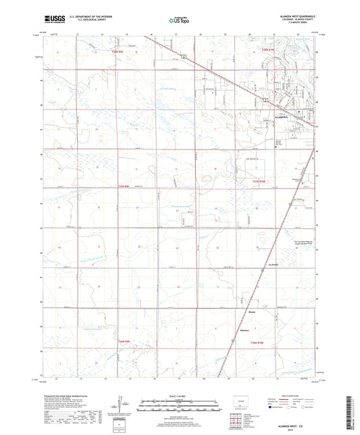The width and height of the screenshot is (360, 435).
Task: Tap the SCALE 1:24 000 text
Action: click(179, 396)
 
